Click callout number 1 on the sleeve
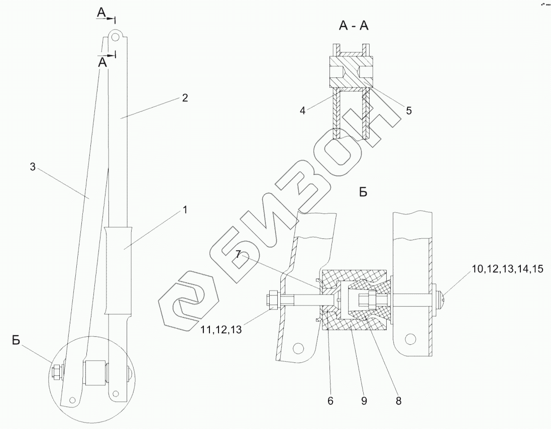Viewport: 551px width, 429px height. coord(184,210)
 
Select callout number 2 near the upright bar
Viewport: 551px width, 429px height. coord(185,98)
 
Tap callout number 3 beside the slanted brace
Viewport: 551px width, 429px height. coord(33,167)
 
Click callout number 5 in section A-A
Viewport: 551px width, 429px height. coord(408,111)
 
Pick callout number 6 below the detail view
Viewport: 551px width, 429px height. coord(330,400)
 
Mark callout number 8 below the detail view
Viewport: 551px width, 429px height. coord(398,400)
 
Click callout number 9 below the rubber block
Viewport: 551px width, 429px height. coord(364,400)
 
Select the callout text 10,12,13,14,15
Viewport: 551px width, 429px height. coord(508,269)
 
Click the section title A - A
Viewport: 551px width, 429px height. coord(354,26)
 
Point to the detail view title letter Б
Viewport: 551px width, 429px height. coord(364,192)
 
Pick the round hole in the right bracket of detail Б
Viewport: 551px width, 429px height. coord(411,339)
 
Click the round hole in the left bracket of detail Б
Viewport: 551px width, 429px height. coord(299,347)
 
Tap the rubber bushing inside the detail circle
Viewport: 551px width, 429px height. coord(94,372)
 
